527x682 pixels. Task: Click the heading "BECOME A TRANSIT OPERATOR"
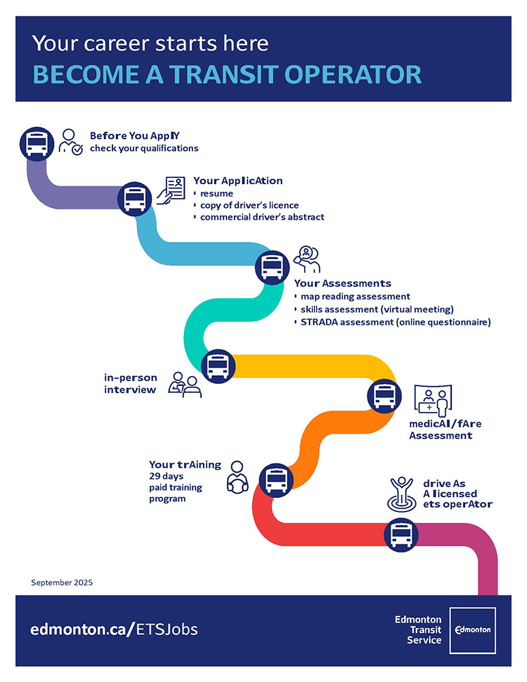click(x=226, y=74)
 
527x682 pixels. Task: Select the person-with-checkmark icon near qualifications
click(x=70, y=142)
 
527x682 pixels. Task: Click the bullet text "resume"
click(x=216, y=194)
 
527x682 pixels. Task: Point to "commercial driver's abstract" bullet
click(x=262, y=217)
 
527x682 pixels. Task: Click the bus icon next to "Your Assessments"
click(x=272, y=266)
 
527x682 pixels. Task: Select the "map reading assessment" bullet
click(x=355, y=297)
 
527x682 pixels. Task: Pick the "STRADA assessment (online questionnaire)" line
click(x=395, y=322)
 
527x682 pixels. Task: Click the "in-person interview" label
click(x=131, y=383)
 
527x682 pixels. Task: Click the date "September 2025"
click(x=61, y=582)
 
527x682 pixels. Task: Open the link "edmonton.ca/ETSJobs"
click(x=114, y=629)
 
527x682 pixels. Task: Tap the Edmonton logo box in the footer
click(x=472, y=629)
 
